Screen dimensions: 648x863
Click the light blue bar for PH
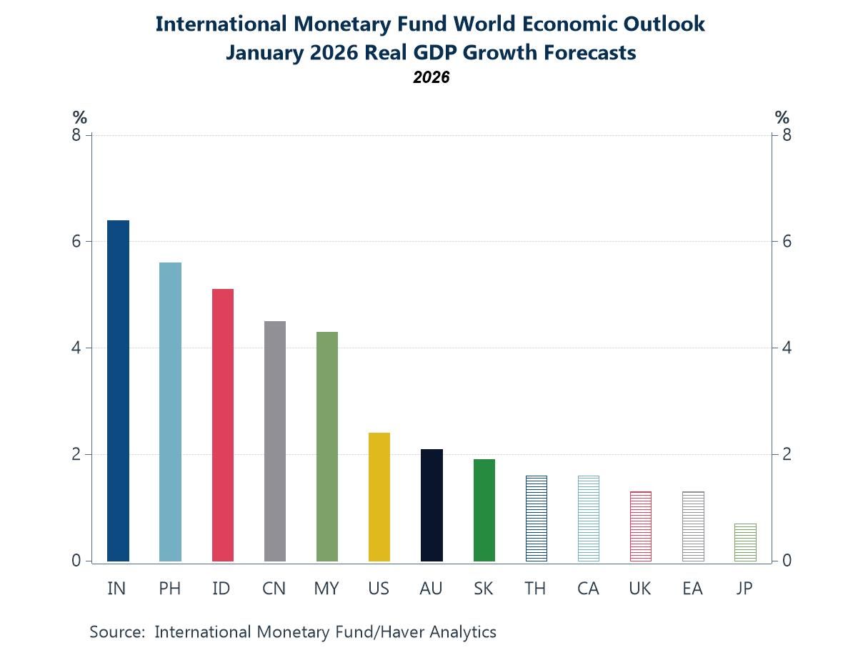click(x=170, y=412)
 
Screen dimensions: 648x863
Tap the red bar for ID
click(x=223, y=425)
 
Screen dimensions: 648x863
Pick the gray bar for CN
click(x=275, y=441)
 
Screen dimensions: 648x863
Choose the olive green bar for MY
click(x=326, y=446)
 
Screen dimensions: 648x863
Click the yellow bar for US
click(x=379, y=497)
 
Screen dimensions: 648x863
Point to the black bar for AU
click(x=431, y=505)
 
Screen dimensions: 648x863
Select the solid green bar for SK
click(x=484, y=510)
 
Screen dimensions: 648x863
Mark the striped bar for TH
click(x=536, y=519)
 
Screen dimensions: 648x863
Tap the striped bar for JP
click(x=745, y=542)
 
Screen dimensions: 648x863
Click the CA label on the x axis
click(x=588, y=589)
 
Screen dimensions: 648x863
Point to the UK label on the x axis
click(x=640, y=589)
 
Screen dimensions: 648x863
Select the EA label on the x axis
click(x=692, y=589)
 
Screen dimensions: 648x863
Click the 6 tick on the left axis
click(x=76, y=242)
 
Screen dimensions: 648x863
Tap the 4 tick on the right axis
click(x=787, y=348)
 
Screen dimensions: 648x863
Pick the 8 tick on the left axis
click(x=76, y=135)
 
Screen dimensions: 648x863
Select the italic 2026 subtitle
click(x=431, y=77)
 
